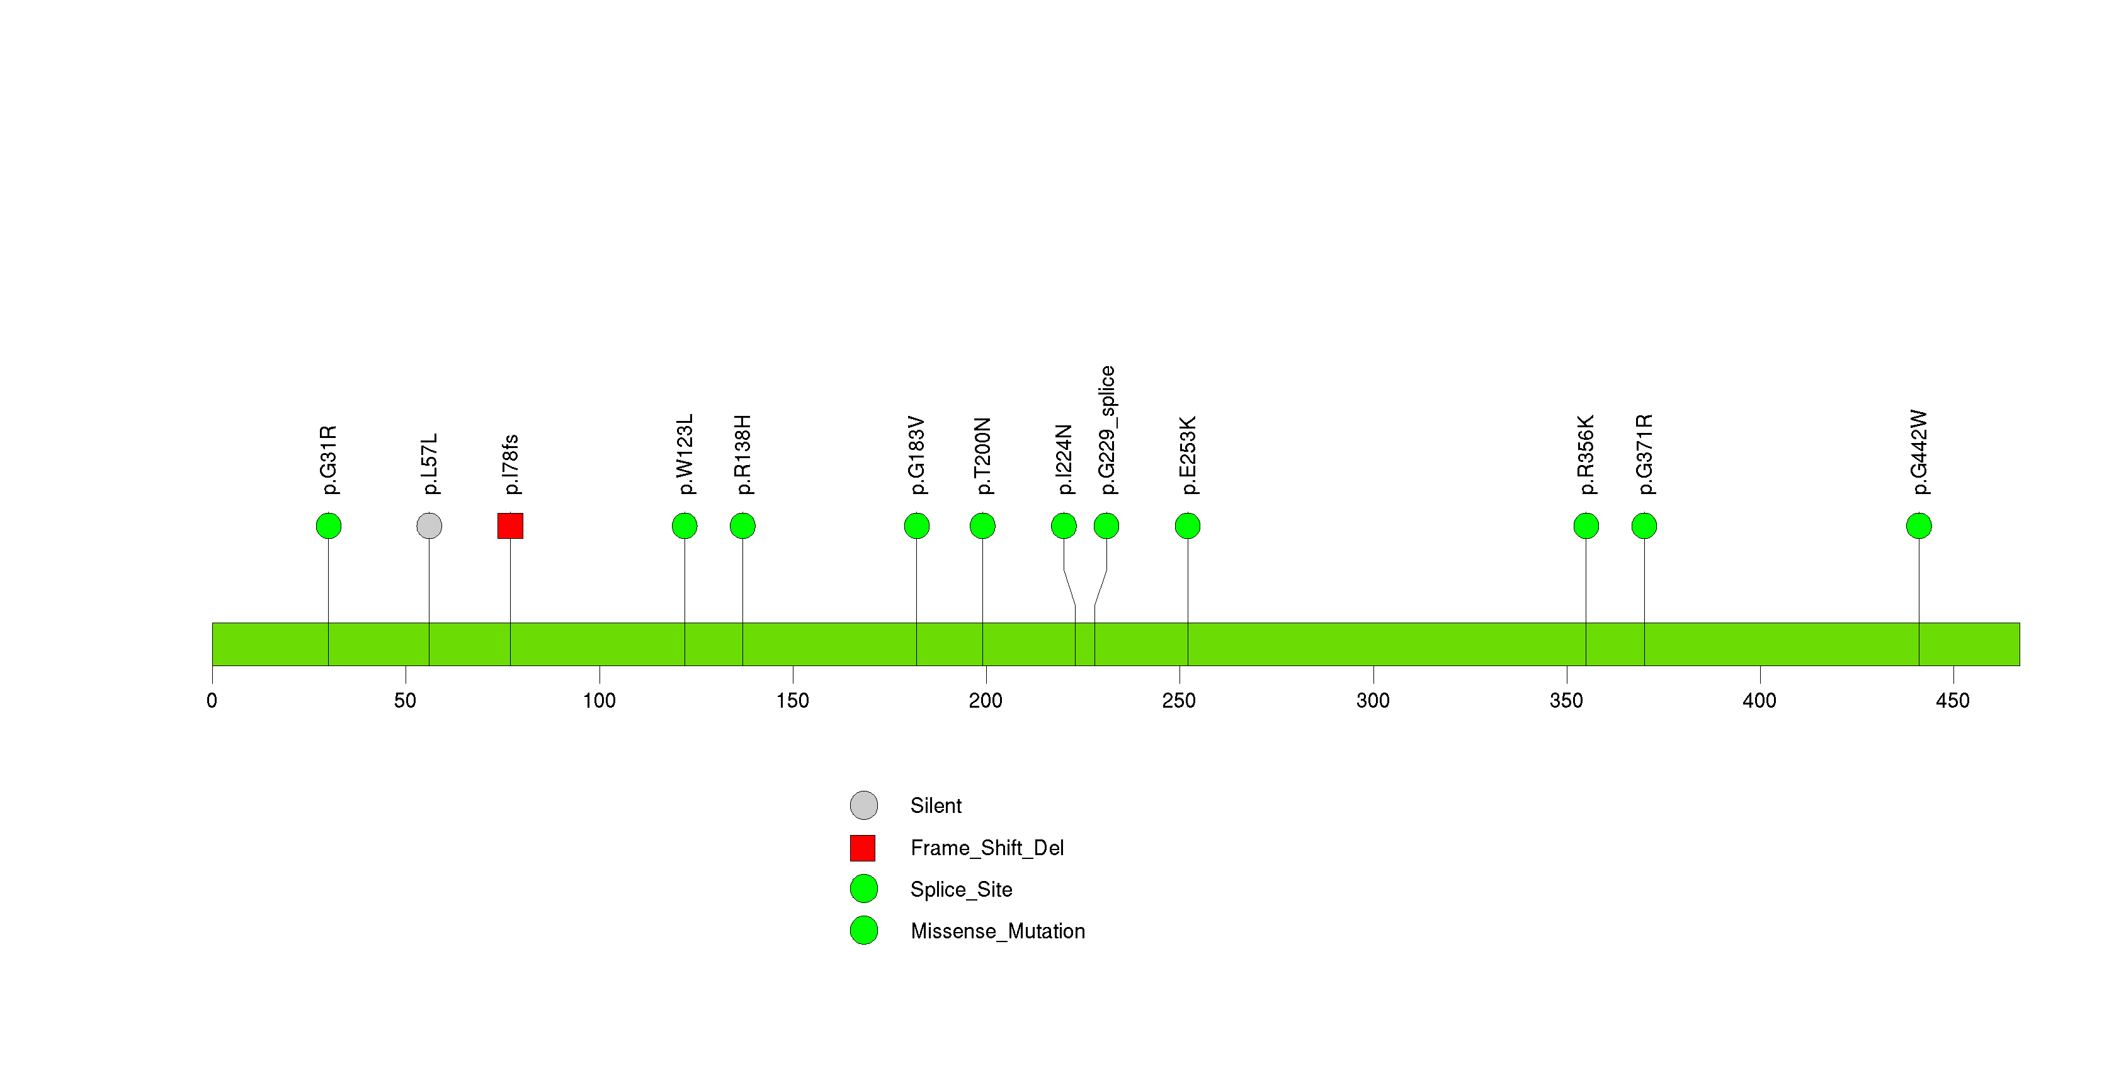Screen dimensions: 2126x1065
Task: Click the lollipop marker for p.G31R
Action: [329, 526]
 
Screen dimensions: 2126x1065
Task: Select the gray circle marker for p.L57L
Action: [429, 526]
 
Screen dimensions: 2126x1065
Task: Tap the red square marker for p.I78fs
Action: [510, 526]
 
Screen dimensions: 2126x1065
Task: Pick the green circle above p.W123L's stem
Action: [685, 526]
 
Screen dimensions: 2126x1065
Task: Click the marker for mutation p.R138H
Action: [743, 526]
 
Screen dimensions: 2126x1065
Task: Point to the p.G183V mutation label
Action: [917, 456]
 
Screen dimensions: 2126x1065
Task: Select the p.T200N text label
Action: [982, 456]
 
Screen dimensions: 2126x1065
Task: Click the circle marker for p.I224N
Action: [1064, 526]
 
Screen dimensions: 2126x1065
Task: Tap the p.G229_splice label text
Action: [1106, 430]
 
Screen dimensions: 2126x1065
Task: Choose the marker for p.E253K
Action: [1188, 526]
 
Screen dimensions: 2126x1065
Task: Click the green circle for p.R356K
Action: [1586, 526]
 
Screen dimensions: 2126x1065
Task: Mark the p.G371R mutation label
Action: [1644, 455]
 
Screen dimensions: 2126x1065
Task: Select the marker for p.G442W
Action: [1919, 526]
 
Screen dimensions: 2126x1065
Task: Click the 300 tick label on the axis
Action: [1373, 701]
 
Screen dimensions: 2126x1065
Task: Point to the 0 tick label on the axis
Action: [212, 701]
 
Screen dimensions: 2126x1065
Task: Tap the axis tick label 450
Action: [1953, 701]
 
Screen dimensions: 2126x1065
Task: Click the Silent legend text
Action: [936, 806]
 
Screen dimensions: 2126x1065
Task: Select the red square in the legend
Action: [863, 848]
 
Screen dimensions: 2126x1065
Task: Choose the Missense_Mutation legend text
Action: [998, 931]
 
